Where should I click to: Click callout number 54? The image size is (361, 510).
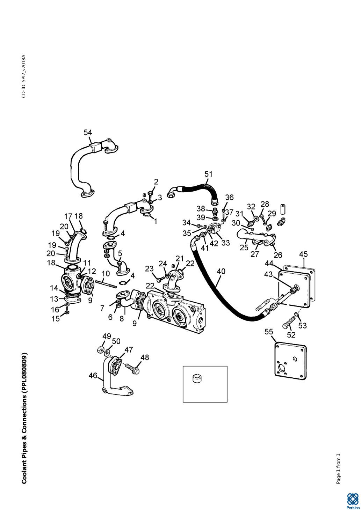(x=88, y=133)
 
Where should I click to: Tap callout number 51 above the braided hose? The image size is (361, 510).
(x=209, y=174)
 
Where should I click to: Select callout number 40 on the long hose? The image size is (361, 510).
(x=221, y=271)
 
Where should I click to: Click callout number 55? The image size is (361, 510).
(x=269, y=331)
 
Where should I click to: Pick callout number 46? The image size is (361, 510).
(x=93, y=376)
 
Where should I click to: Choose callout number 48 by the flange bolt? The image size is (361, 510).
(x=145, y=357)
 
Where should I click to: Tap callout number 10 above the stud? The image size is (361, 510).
(x=106, y=273)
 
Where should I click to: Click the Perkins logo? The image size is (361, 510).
(x=352, y=501)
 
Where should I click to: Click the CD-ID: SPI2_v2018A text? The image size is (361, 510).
(x=24, y=76)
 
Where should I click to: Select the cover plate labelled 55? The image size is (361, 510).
(x=290, y=360)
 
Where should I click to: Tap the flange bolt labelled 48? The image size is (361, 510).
(x=131, y=367)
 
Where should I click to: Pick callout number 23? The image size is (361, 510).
(x=149, y=269)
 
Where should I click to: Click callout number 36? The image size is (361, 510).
(x=229, y=198)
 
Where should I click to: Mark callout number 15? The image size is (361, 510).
(x=56, y=318)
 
